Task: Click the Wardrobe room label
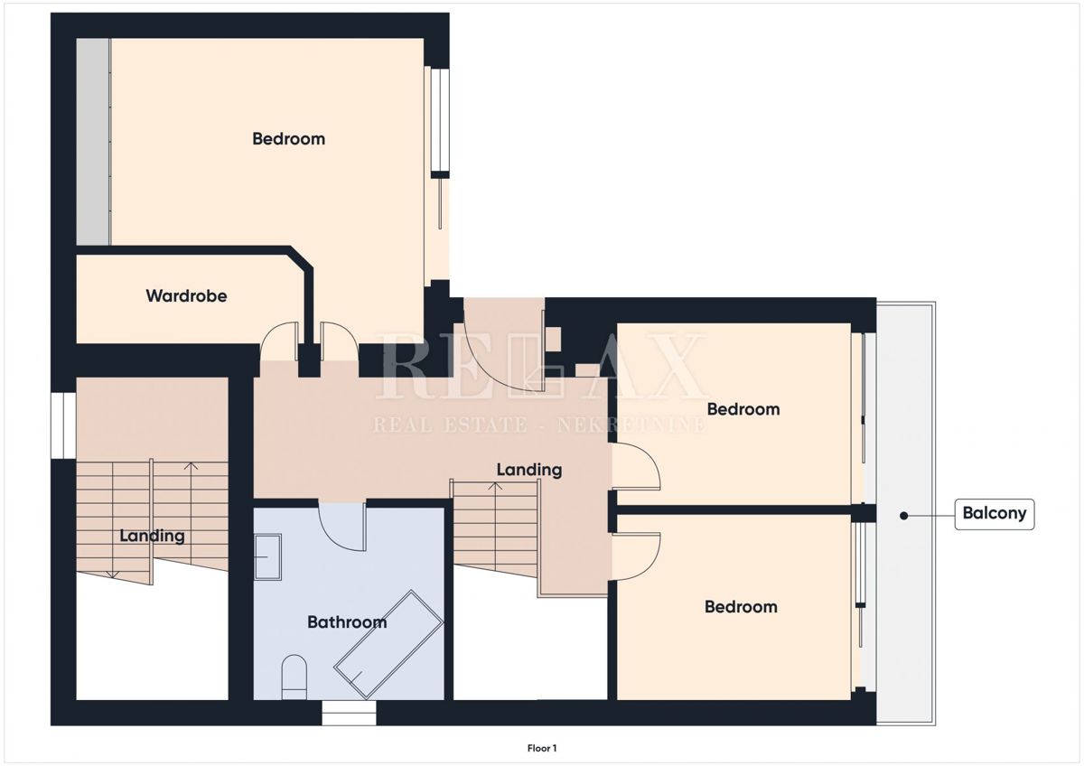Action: [186, 295]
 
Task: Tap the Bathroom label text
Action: [347, 621]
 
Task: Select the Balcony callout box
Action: [994, 514]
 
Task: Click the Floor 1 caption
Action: [542, 748]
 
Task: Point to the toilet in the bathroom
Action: [294, 677]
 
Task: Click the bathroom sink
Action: [268, 557]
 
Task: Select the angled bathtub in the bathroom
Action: [388, 645]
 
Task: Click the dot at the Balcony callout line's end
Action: [903, 516]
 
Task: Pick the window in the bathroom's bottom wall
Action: [349, 713]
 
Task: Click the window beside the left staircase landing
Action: [63, 425]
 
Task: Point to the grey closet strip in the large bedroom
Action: [93, 141]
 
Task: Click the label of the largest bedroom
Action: [288, 139]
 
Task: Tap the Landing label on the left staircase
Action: [152, 536]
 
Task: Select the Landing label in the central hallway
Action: [529, 470]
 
